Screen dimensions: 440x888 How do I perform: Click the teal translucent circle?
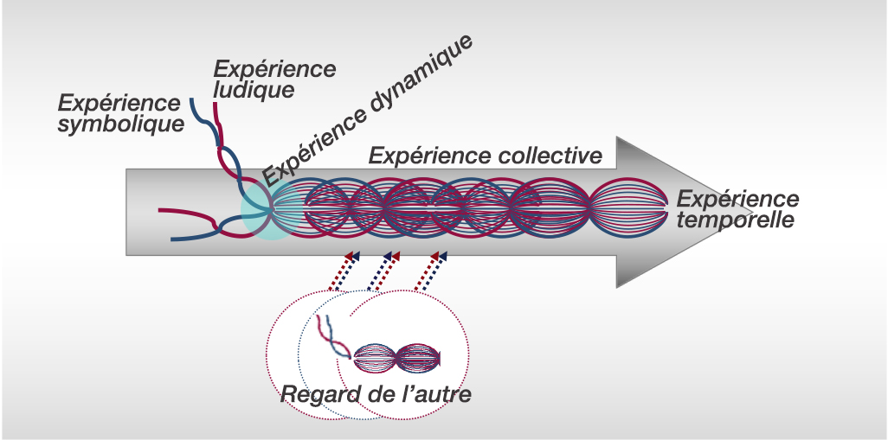pos(272,210)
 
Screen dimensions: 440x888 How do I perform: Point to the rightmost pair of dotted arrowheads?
pos(441,256)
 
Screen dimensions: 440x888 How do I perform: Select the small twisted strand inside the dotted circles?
pos(334,338)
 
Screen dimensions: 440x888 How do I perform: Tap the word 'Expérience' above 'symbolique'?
pos(119,103)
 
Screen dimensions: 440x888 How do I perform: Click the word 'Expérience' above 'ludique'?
pos(275,68)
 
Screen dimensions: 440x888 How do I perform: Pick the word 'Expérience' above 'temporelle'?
pos(738,198)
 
